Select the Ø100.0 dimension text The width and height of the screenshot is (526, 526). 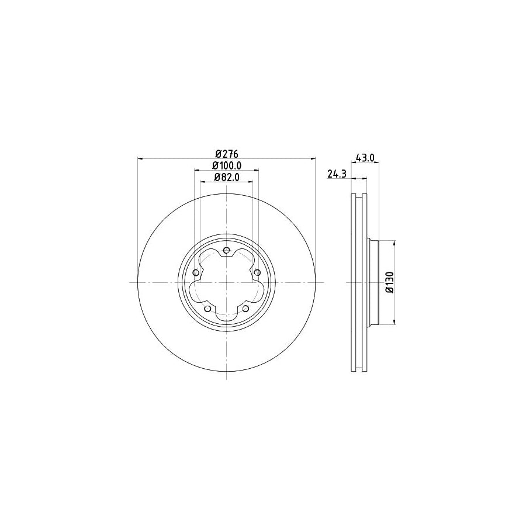pyautogui.click(x=226, y=166)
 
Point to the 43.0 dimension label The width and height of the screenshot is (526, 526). pyautogui.click(x=365, y=158)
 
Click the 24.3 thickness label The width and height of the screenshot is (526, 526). pyautogui.click(x=337, y=173)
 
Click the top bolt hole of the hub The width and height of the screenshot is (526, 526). pyautogui.click(x=226, y=251)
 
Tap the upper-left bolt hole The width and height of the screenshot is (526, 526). pyautogui.click(x=196, y=273)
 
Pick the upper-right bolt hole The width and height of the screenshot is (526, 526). pyautogui.click(x=257, y=273)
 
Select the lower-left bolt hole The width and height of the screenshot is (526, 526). pyautogui.click(x=207, y=309)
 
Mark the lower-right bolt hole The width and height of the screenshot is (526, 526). pyautogui.click(x=245, y=309)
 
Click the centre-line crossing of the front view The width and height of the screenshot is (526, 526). pyautogui.click(x=226, y=282)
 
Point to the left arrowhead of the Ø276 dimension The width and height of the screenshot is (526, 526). pyautogui.click(x=140, y=158)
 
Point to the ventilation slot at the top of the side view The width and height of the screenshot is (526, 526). pyautogui.click(x=358, y=199)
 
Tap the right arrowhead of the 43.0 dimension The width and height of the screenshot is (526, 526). pyautogui.click(x=378, y=162)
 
